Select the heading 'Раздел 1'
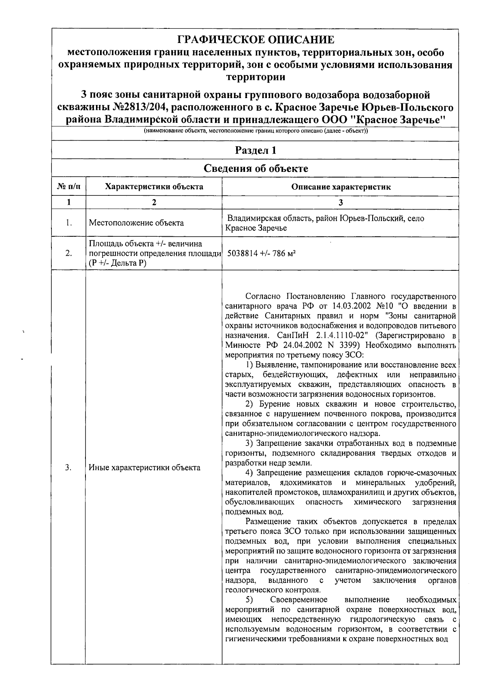256,150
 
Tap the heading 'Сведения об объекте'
256,169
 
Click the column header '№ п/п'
68,187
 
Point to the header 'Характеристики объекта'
154,187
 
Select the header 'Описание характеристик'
341,187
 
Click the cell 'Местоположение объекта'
136,223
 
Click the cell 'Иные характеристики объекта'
145,468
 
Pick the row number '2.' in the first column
68,253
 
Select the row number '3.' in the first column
68,468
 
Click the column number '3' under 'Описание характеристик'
341,202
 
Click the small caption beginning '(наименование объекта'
256,132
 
